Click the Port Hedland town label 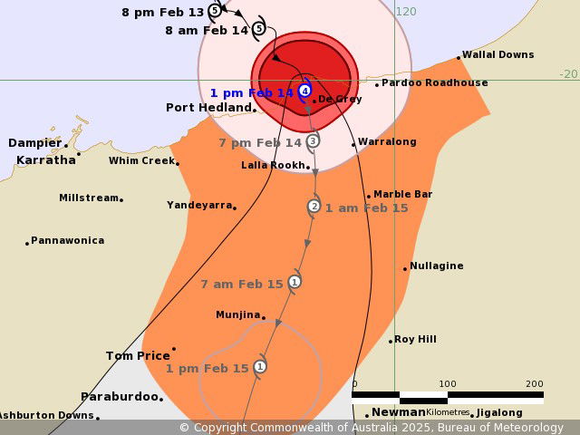coord(208,108)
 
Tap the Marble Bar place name coord(403,194)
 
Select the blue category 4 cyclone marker coord(305,91)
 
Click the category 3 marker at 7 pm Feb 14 coord(313,140)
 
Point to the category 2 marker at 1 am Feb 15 coord(314,207)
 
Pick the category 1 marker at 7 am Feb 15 coord(294,282)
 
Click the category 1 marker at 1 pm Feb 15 coord(260,367)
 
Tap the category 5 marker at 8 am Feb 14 coord(258,29)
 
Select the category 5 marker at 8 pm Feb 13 coord(214,11)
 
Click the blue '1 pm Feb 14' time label coord(251,93)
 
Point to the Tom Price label coord(138,356)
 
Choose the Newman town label coord(398,412)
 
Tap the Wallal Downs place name coord(498,55)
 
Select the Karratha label coord(46,160)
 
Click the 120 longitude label coord(406,12)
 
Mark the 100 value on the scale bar coord(447,383)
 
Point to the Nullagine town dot coord(405,268)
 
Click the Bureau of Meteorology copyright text coord(372,428)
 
